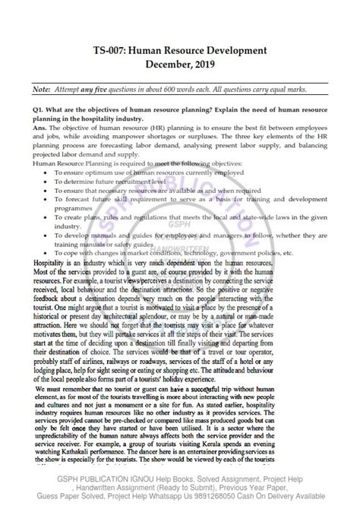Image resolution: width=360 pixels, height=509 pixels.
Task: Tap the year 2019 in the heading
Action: (204, 65)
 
